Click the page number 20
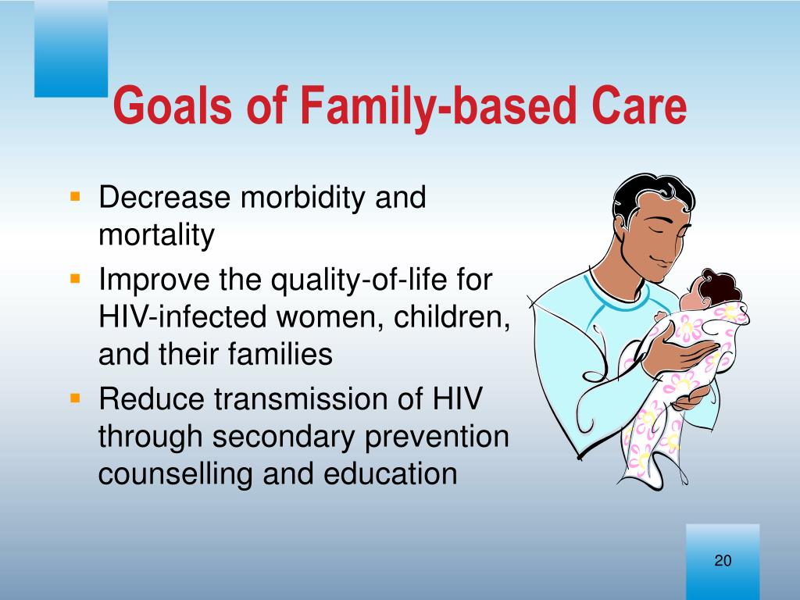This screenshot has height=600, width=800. tap(723, 560)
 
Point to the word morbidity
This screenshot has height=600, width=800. tap(302, 197)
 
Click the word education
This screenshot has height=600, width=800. tap(391, 473)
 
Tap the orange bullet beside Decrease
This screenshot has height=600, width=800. tap(76, 196)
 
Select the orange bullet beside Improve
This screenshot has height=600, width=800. tap(76, 279)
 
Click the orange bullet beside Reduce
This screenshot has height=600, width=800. tap(76, 398)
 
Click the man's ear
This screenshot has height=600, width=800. tap(621, 228)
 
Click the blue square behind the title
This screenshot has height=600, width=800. tap(71, 48)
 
